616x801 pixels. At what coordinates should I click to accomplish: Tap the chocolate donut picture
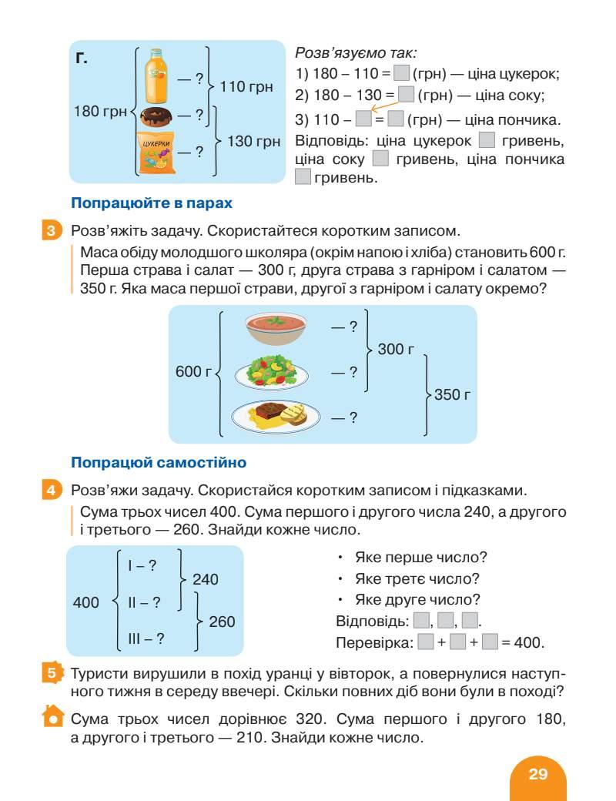click(x=157, y=116)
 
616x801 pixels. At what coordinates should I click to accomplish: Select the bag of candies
click(x=156, y=152)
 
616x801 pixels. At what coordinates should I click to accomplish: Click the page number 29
click(x=537, y=774)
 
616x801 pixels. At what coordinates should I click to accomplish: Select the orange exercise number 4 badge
click(x=50, y=490)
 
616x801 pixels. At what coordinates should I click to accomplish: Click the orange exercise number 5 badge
click(x=50, y=672)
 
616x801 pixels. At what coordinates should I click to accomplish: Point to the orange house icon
click(x=51, y=716)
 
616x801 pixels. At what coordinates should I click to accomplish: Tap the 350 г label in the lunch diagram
click(x=452, y=395)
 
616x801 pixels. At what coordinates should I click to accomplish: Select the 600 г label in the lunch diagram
click(x=193, y=372)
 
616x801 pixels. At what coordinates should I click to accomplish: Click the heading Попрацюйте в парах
click(x=152, y=203)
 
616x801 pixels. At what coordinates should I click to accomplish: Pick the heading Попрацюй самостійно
click(x=158, y=463)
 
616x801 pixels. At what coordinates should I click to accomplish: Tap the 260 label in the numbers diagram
click(x=222, y=622)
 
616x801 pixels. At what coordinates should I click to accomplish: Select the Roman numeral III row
click(x=146, y=638)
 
